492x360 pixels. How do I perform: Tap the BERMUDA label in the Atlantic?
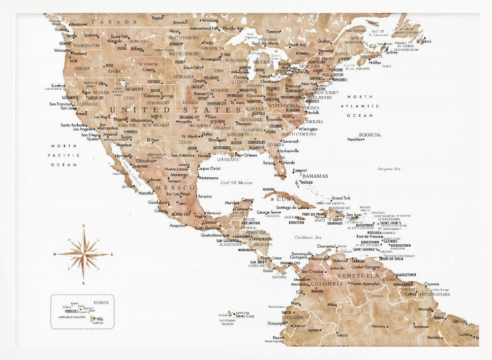[369, 134]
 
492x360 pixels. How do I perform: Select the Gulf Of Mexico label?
[237, 182]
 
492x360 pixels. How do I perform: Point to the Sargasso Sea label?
[389, 169]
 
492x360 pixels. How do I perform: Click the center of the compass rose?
[84, 254]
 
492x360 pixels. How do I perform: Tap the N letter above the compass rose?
[84, 226]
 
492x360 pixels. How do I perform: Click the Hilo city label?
[100, 319]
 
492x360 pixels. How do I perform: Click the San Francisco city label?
[61, 104]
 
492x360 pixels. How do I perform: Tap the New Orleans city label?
[246, 155]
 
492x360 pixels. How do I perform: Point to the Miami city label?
[279, 175]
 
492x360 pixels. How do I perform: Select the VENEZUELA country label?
[362, 275]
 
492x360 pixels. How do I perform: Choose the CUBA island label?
[286, 199]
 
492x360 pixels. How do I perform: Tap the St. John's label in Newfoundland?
[424, 41]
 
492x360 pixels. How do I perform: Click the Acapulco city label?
[178, 226]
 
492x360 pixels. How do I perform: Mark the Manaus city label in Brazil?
[378, 326]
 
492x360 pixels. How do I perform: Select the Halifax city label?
[375, 63]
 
